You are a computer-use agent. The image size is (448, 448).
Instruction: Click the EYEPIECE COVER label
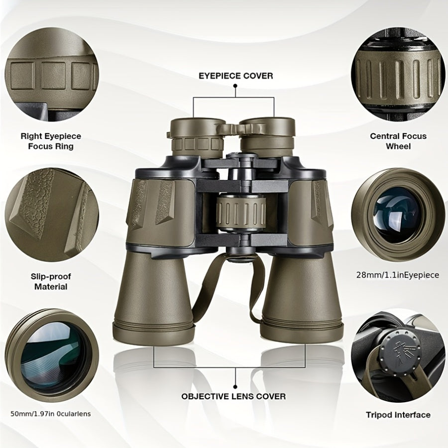tap(235, 76)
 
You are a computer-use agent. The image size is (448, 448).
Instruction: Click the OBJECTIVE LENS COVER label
tap(233, 396)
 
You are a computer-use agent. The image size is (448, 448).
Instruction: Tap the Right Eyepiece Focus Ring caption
tap(51, 141)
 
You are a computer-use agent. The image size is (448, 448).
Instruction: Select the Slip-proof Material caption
tap(51, 281)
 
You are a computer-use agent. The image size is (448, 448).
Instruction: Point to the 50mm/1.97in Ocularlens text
tap(51, 413)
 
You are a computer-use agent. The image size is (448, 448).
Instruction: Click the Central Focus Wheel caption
tap(398, 141)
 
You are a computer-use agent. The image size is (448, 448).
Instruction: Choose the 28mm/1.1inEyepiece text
tap(398, 275)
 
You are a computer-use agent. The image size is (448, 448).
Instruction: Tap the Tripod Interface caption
tap(398, 415)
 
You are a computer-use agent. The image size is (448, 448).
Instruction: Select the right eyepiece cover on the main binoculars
tap(267, 125)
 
